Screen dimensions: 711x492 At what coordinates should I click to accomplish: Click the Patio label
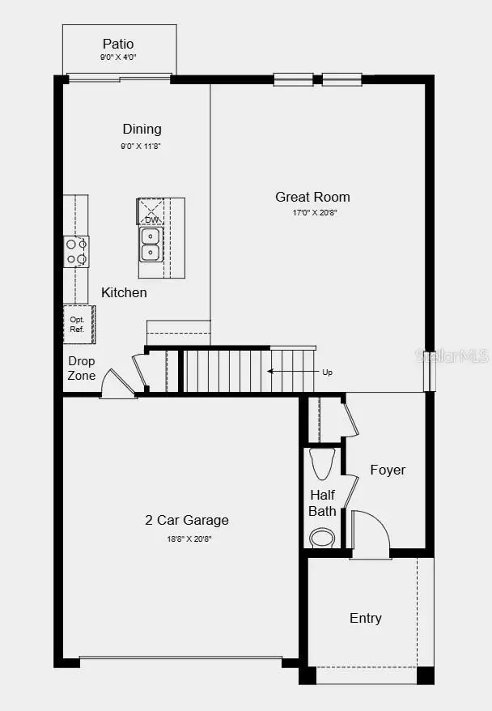click(118, 44)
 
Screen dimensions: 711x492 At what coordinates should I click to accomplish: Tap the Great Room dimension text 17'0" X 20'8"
click(312, 212)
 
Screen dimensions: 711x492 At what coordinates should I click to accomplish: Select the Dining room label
click(142, 129)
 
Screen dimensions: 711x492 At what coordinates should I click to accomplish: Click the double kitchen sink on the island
click(151, 244)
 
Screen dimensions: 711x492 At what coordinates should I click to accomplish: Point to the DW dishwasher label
click(151, 219)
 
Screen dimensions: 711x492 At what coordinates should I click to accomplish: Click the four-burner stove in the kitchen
click(76, 251)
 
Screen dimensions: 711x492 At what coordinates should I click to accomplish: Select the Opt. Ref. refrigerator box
click(78, 324)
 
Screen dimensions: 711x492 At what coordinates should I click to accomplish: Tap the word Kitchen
click(124, 292)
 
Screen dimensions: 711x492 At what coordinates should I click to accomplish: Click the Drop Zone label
click(81, 368)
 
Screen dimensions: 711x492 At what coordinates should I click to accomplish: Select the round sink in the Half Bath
click(322, 537)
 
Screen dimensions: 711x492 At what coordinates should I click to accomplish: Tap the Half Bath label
click(322, 503)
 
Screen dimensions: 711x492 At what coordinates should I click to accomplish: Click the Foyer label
click(388, 470)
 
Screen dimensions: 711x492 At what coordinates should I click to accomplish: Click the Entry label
click(365, 618)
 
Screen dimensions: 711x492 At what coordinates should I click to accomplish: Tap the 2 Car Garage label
click(187, 521)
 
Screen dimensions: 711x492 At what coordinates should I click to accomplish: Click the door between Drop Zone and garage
click(118, 385)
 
